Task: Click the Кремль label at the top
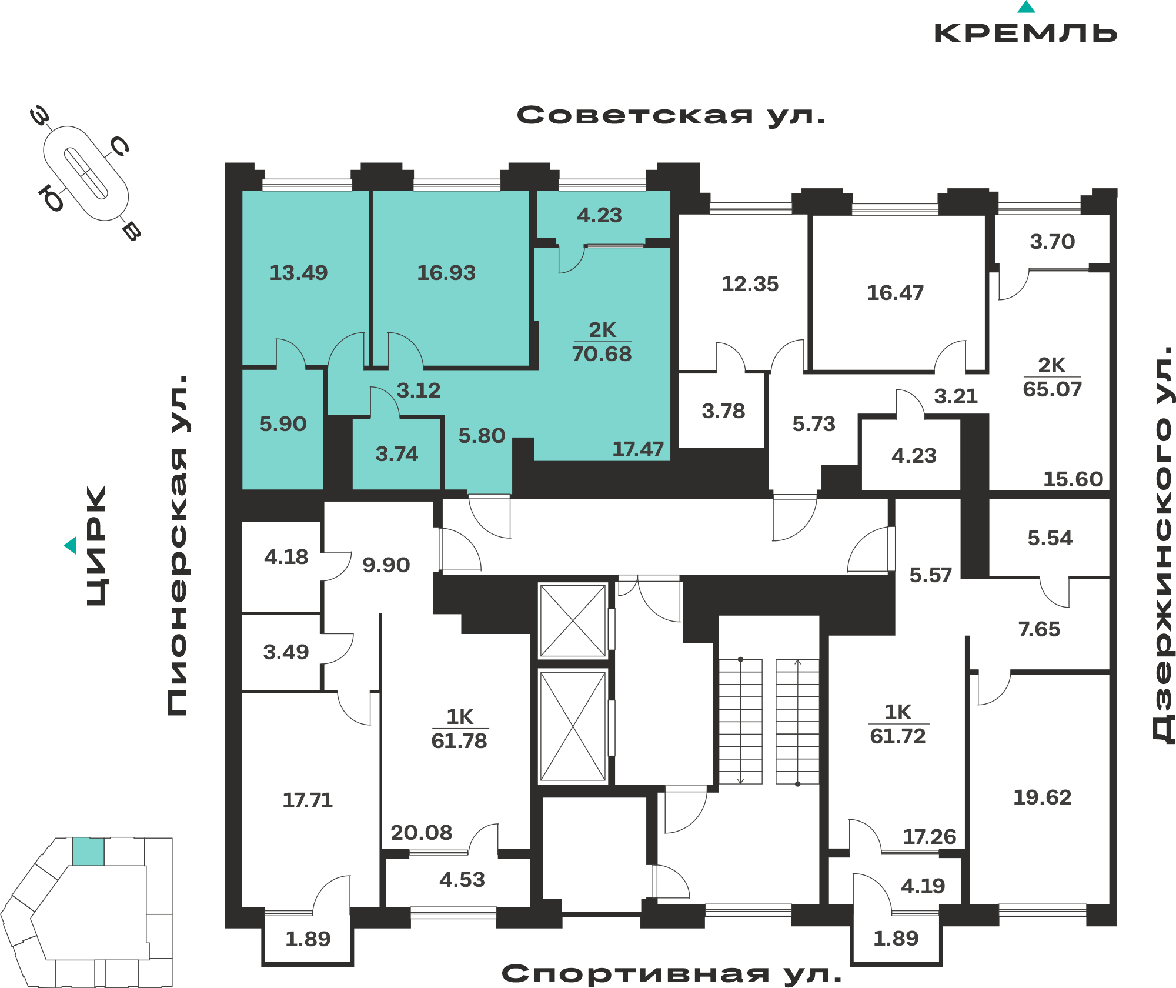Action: (x=1025, y=33)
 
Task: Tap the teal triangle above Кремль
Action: (x=1026, y=7)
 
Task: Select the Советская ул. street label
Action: (x=671, y=115)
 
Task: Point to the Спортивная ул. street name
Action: (x=671, y=974)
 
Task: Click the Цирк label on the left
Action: (x=96, y=546)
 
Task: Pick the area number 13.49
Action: (x=299, y=273)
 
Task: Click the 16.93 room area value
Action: (x=446, y=273)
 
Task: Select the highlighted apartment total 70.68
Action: (x=602, y=354)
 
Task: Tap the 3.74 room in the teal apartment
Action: (x=397, y=454)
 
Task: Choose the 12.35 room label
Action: (x=750, y=285)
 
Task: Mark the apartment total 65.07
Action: (x=1053, y=389)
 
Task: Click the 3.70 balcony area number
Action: (x=1053, y=242)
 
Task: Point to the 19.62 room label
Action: (x=1043, y=797)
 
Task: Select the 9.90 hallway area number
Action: (x=386, y=565)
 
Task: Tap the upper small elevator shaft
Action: (x=573, y=620)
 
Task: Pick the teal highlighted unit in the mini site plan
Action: (x=88, y=852)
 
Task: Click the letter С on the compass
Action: (x=120, y=146)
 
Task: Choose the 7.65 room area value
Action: (x=1040, y=630)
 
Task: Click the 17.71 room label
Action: (x=308, y=800)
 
